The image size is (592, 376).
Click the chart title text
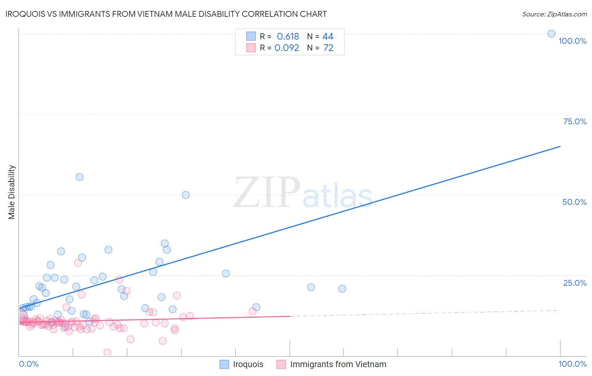point(166,14)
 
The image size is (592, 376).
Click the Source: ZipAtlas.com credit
point(554,14)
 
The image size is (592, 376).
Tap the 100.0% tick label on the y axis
point(572,41)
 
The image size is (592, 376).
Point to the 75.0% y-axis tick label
point(575,121)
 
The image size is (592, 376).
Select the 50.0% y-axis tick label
point(574,202)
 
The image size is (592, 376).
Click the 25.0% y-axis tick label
point(575,283)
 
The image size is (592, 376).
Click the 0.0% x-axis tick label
point(29,364)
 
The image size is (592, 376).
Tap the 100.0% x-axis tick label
point(572,364)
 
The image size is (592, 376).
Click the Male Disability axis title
point(12,192)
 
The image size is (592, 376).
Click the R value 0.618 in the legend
point(288,37)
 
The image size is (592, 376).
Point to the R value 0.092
point(287,48)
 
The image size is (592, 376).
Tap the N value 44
point(328,37)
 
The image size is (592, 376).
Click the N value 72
point(328,48)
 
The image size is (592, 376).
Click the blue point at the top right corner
point(551,34)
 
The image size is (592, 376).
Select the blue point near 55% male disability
point(79,177)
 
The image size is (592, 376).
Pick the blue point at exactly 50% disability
point(186,195)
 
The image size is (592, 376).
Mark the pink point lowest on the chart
point(107,352)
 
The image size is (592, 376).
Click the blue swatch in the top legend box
point(251,36)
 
